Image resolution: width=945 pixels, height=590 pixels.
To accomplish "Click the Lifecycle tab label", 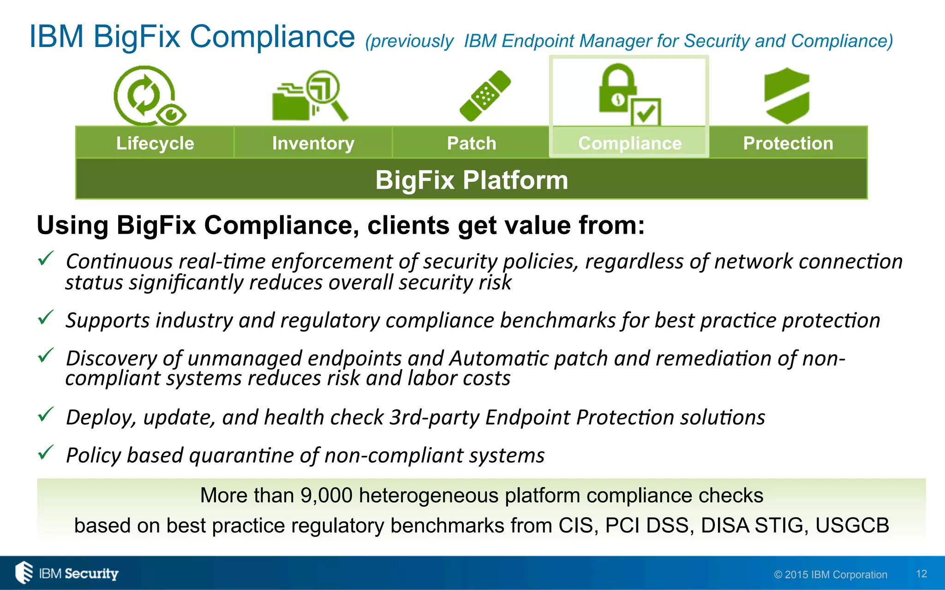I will [155, 143].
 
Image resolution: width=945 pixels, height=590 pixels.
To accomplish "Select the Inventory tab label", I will [313, 143].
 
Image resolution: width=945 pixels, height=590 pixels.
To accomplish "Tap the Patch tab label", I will [471, 143].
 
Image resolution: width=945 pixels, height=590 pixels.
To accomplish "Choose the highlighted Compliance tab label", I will [629, 143].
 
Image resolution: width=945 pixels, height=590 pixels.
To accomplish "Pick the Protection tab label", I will [788, 143].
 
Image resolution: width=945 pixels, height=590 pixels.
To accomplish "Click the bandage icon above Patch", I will [485, 96].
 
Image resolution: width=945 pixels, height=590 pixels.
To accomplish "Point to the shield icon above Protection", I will [787, 96].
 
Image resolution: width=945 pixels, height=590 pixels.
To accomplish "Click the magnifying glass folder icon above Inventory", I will [311, 96].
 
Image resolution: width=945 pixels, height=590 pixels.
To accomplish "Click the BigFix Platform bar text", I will [471, 179].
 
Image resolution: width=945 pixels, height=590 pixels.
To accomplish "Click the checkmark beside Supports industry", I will [46, 317].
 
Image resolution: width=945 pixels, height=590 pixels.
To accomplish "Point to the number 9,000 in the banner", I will [326, 496].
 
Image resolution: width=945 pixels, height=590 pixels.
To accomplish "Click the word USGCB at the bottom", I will [852, 525].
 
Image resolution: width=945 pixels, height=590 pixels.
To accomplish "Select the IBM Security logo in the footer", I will [67, 573].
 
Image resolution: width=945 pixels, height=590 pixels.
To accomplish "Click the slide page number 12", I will [921, 574].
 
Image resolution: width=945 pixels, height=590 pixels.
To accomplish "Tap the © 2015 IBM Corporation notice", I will [831, 574].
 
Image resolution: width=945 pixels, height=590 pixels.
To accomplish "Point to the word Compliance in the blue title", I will [272, 36].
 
